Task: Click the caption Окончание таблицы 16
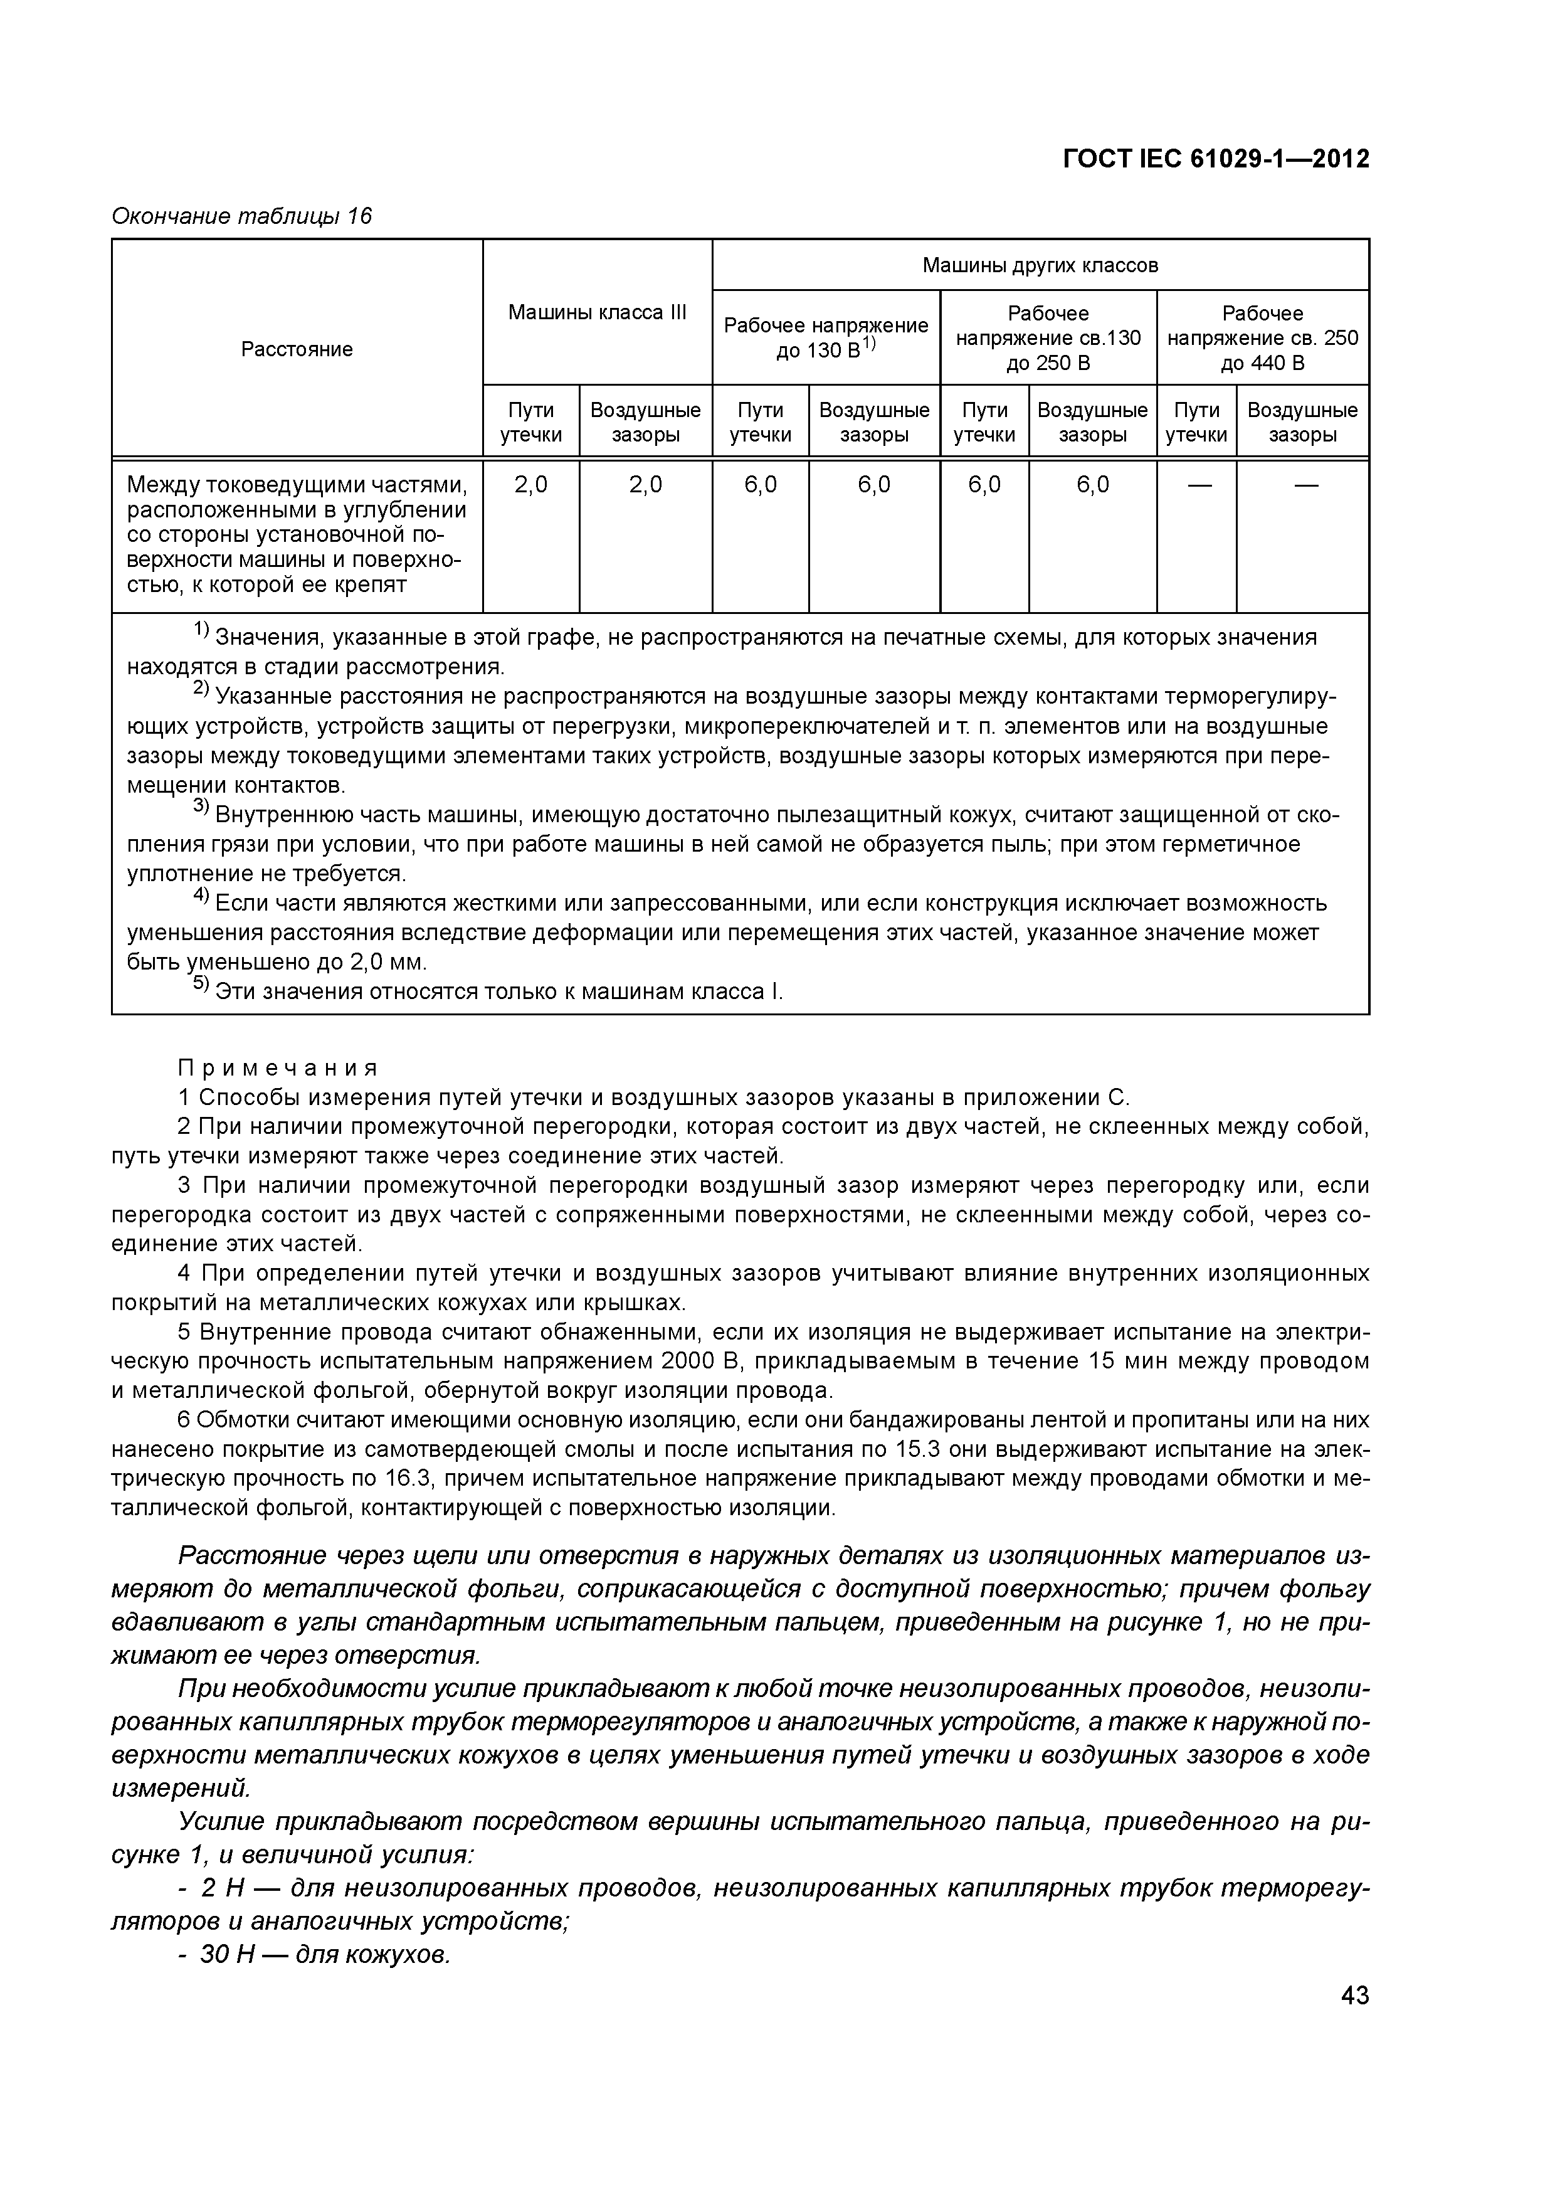point(241,216)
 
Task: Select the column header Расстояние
point(297,349)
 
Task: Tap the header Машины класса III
point(597,312)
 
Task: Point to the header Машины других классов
point(1040,265)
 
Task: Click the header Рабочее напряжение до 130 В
point(825,337)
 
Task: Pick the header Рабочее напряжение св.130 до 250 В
point(1048,337)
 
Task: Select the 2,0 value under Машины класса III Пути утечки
point(531,485)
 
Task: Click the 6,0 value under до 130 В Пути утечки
point(760,485)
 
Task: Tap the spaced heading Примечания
point(278,1067)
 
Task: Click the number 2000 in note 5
point(685,1361)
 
